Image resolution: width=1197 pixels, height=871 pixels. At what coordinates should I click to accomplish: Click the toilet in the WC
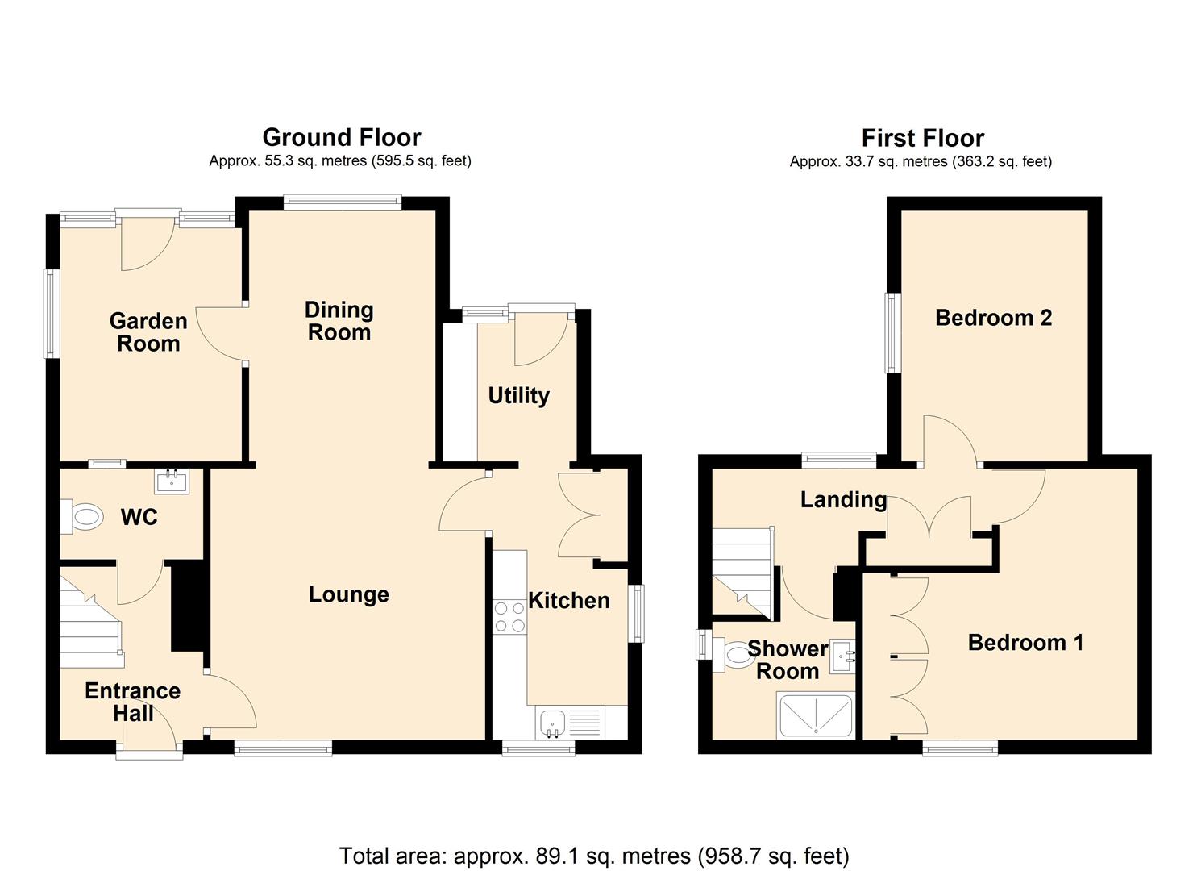(83, 517)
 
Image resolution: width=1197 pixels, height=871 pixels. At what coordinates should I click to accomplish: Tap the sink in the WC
(171, 482)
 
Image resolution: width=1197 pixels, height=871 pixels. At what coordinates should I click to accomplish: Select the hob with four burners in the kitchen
(509, 617)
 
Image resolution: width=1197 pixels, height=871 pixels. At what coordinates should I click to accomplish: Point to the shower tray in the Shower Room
(815, 715)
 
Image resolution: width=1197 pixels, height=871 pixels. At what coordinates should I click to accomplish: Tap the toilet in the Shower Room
(733, 654)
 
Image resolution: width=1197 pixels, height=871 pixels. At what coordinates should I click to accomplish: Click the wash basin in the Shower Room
(844, 658)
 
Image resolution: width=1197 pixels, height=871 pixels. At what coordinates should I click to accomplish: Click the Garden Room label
(148, 332)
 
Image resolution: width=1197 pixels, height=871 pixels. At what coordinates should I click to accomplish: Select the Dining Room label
(339, 321)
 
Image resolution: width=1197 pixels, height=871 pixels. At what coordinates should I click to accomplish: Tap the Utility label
(518, 395)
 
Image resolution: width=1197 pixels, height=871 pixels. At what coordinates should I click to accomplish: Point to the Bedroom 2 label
(993, 318)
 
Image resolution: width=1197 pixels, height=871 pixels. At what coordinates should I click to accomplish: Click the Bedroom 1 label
(1025, 643)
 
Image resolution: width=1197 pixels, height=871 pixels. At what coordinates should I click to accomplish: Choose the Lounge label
(348, 595)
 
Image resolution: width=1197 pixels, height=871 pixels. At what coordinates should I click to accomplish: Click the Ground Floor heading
(341, 137)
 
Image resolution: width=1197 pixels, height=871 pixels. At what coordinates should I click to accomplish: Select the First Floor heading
(922, 138)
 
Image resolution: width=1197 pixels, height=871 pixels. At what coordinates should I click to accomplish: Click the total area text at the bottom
(594, 855)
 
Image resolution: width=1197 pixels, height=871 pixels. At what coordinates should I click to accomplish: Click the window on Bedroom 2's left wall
(893, 333)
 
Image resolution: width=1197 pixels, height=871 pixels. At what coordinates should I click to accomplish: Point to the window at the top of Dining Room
(343, 202)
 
